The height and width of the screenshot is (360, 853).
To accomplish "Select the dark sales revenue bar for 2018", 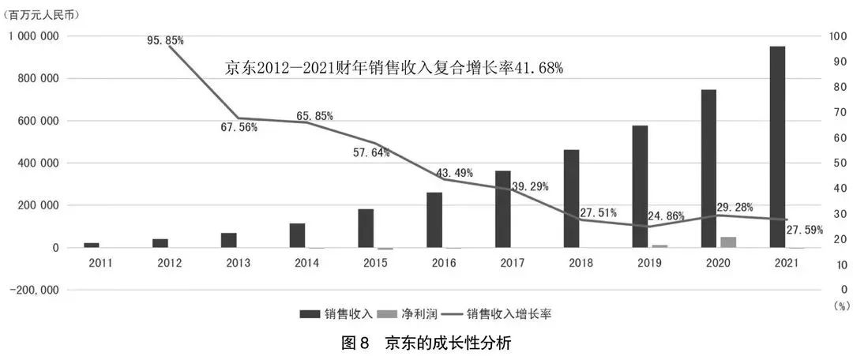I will point(571,198).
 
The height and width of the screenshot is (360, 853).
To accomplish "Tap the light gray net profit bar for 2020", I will point(727,242).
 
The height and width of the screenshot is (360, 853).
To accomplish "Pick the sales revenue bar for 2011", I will point(92,245).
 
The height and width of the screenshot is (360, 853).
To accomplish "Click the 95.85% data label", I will point(165,39).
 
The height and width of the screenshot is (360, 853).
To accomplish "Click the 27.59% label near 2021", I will point(804,231).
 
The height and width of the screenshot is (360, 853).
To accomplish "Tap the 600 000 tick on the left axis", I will point(35,121).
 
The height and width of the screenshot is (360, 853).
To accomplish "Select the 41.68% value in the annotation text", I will point(539,69).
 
